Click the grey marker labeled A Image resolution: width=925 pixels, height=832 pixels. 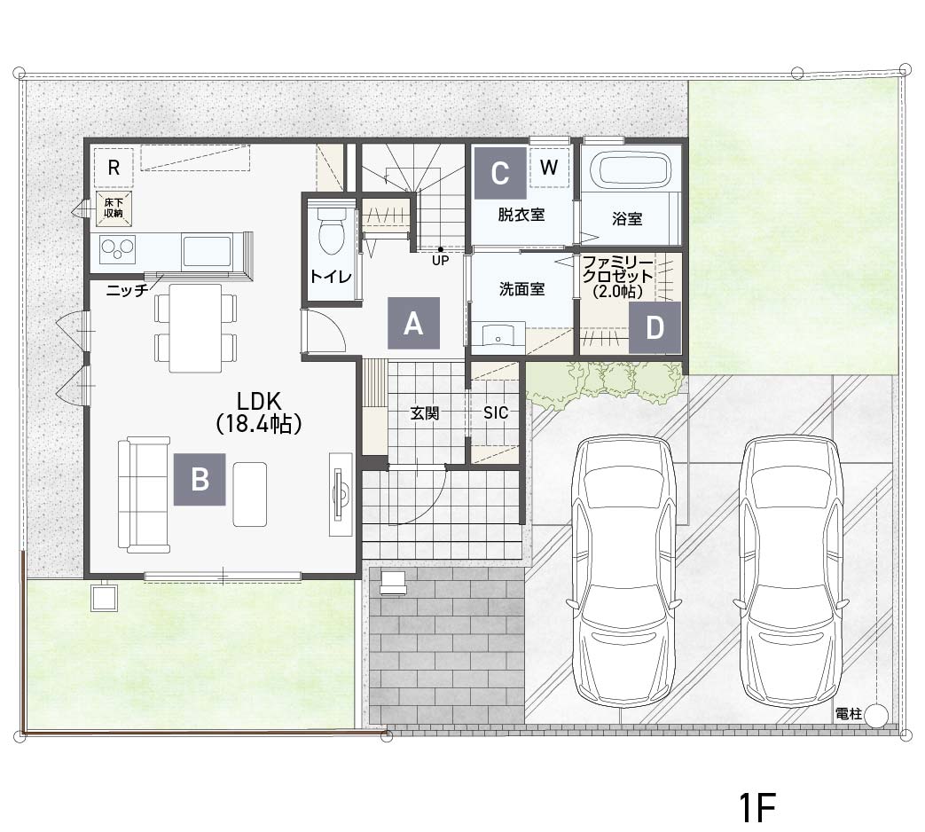[x=413, y=323]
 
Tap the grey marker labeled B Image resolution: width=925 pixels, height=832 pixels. [x=200, y=479]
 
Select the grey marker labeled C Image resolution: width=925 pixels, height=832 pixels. [x=500, y=173]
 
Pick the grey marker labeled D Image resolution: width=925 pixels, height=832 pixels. [x=655, y=327]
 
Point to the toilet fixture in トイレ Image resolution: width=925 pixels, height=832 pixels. [x=331, y=231]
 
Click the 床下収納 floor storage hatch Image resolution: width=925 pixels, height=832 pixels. [x=114, y=208]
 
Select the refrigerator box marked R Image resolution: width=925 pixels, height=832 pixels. [x=114, y=168]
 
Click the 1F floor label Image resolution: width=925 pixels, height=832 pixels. [x=756, y=806]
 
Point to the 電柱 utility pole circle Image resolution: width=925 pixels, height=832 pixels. [x=876, y=716]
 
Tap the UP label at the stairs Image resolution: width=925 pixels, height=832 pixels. [x=441, y=260]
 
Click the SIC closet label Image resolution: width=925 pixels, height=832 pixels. [x=496, y=412]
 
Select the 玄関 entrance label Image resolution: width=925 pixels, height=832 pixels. [x=425, y=413]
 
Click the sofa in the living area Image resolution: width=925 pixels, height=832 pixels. [x=144, y=494]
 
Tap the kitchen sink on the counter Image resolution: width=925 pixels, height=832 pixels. [x=207, y=251]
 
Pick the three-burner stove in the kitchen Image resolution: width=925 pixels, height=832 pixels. [x=118, y=249]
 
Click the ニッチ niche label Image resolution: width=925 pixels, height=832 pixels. [x=127, y=290]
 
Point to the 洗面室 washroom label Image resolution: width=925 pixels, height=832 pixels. [x=522, y=289]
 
